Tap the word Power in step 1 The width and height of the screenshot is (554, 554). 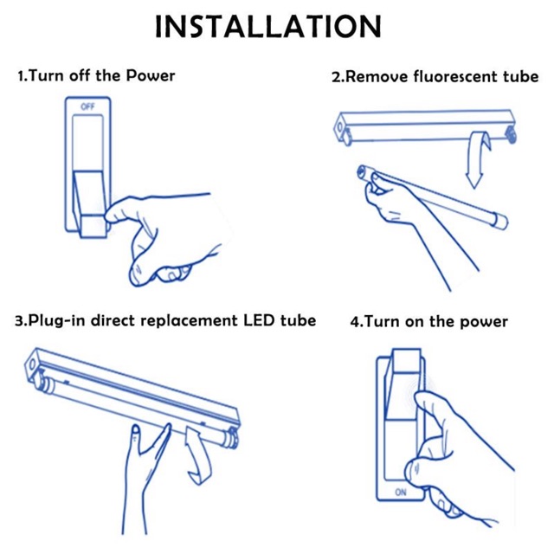click(x=150, y=75)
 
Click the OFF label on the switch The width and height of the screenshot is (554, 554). click(x=87, y=106)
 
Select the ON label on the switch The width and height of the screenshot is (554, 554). click(x=400, y=493)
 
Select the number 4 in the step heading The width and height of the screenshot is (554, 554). click(x=354, y=322)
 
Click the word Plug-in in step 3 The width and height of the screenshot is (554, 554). click(x=58, y=320)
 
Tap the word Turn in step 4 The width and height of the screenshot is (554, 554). click(x=383, y=322)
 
